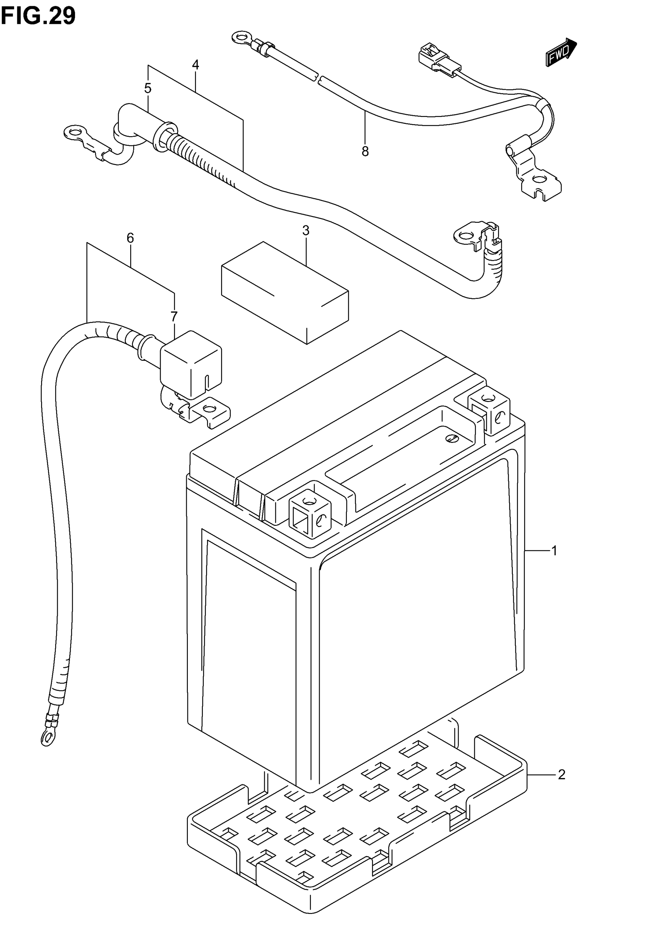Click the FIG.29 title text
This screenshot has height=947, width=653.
coord(38,16)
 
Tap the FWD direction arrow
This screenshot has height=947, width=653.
coord(560,52)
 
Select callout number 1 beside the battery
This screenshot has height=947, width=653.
coord(554,551)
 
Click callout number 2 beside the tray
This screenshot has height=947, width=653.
coord(561,775)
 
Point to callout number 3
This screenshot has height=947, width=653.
coord(306,231)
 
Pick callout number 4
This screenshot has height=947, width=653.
coord(196,65)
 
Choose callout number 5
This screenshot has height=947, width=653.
coord(148,88)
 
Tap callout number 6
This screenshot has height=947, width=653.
coord(130,238)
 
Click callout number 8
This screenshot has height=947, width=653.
coord(365,152)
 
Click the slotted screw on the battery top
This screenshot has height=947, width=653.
coord(451,438)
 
